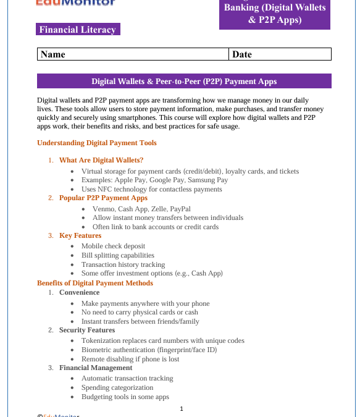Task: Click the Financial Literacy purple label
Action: point(77,30)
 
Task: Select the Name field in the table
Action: point(133,54)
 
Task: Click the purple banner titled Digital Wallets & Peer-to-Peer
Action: point(184,82)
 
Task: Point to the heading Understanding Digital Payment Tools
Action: point(97,143)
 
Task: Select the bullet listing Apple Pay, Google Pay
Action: point(154,180)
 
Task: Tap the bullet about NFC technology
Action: point(151,189)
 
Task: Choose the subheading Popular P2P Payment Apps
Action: point(103,198)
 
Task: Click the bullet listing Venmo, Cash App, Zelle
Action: point(141,209)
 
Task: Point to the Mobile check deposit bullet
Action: point(113,246)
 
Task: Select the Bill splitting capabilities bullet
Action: point(117,255)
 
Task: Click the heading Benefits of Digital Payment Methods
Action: point(95,283)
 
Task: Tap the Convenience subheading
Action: point(79,292)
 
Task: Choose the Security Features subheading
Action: point(87,330)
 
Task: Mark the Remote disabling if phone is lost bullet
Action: point(130,359)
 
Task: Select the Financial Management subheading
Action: point(96,368)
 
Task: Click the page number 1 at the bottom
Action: point(182,408)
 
